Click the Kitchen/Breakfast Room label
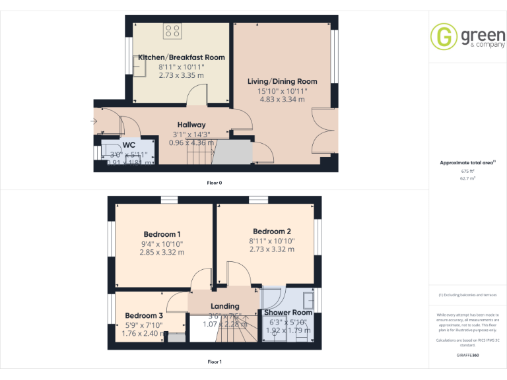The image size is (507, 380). pyautogui.click(x=181, y=57)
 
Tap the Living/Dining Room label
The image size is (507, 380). pyautogui.click(x=282, y=81)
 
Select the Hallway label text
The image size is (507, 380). pyautogui.click(x=191, y=125)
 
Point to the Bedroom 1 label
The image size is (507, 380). pyautogui.click(x=162, y=234)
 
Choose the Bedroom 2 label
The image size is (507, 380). pyautogui.click(x=272, y=232)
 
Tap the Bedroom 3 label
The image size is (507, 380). pyautogui.click(x=144, y=315)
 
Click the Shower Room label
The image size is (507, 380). pyautogui.click(x=288, y=313)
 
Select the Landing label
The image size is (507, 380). pyautogui.click(x=224, y=307)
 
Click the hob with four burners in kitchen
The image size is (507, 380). pyautogui.click(x=173, y=30)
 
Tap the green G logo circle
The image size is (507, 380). pyautogui.click(x=444, y=37)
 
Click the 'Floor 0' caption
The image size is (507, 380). pyautogui.click(x=214, y=182)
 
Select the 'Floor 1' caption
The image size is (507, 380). pyautogui.click(x=214, y=362)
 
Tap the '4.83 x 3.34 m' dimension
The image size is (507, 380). pyautogui.click(x=282, y=100)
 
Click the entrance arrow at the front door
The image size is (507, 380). pyautogui.click(x=94, y=121)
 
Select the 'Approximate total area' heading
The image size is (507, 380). pyautogui.click(x=466, y=162)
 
